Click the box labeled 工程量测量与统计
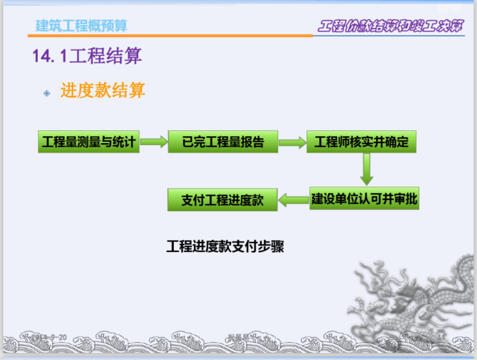coord(88,142)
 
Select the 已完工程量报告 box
coord(223,142)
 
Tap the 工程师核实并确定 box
coord(362,142)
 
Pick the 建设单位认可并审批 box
coord(365,199)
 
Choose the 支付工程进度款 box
coord(222,200)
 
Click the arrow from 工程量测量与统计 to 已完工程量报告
coord(154,142)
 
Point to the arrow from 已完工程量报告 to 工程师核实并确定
coord(292,142)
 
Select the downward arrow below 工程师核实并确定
coord(367,168)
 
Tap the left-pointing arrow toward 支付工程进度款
coord(293,200)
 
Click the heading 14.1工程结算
coord(87,57)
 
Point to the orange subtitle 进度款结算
coord(103,90)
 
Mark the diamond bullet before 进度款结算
coord(46,93)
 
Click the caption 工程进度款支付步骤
coord(225,246)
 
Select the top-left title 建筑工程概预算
coord(82,25)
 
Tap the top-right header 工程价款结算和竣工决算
coord(390,26)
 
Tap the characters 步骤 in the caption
coord(271,246)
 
